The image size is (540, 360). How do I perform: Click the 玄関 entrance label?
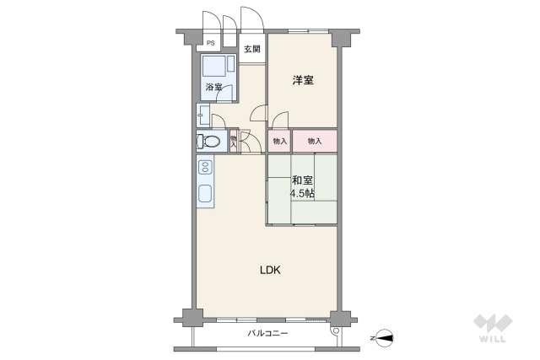[x=252, y=49]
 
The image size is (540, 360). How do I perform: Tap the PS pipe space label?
[x=210, y=43]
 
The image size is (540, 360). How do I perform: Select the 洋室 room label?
[x=303, y=81]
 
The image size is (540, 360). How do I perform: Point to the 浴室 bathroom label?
[x=213, y=87]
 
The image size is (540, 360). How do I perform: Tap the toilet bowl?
[x=211, y=142]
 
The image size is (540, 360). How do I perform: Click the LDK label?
[x=269, y=271]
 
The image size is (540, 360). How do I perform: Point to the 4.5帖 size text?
[x=303, y=193]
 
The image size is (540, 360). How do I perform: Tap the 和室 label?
[x=303, y=180]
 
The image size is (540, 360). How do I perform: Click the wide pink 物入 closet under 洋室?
[x=315, y=141]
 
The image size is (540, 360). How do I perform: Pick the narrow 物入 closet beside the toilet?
[x=234, y=141]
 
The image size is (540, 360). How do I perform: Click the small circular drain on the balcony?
[x=336, y=332]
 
